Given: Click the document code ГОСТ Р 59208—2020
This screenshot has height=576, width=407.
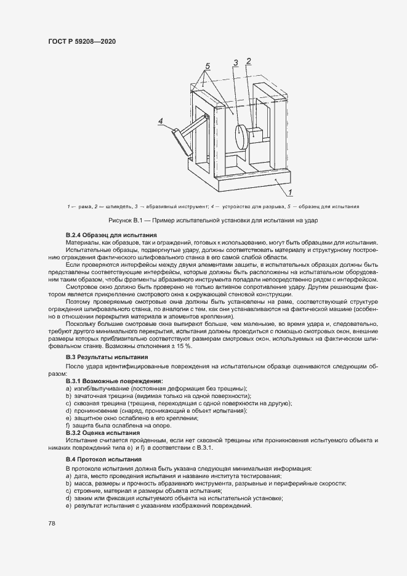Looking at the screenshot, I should [x=82, y=41].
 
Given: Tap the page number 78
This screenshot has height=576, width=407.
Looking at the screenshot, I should [x=51, y=523].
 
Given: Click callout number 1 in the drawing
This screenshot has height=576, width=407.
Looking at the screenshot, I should [x=289, y=193].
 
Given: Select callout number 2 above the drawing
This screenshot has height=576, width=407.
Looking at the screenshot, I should [x=248, y=60].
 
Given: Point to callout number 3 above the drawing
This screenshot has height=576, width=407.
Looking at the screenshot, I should [x=235, y=62].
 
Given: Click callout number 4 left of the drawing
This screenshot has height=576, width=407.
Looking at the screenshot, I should [x=160, y=121].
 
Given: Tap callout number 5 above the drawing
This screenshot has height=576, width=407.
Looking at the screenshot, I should [x=208, y=66].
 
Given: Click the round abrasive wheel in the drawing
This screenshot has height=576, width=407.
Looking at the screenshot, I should [x=240, y=136].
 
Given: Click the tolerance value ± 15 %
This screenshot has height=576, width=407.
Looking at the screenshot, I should [x=182, y=346].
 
